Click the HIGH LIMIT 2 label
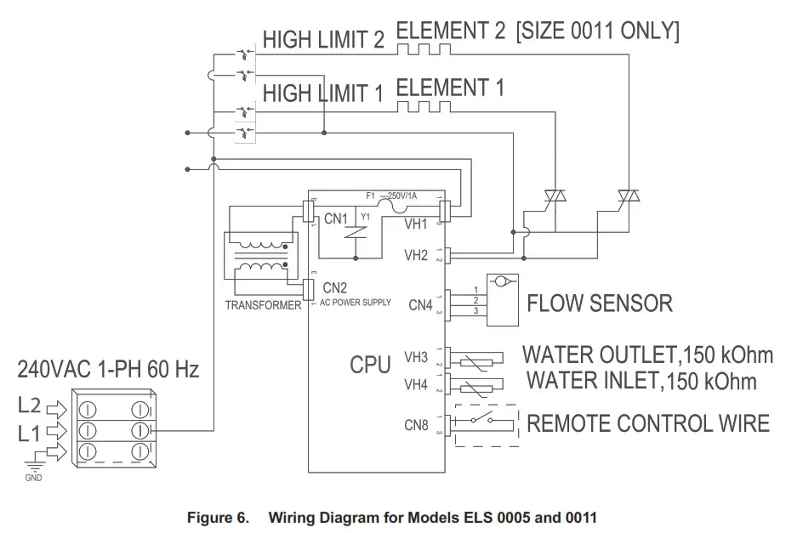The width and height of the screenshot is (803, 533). (x=323, y=40)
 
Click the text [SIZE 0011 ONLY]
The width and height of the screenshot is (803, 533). (x=597, y=32)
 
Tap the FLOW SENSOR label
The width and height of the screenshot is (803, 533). (x=600, y=303)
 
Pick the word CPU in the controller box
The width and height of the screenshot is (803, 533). (x=371, y=365)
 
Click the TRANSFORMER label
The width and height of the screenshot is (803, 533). (x=263, y=304)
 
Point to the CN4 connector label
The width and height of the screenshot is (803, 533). (x=421, y=303)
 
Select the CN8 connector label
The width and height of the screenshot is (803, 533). (x=417, y=425)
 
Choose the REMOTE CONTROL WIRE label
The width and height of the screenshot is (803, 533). (x=648, y=423)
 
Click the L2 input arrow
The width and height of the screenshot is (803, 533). (x=55, y=405)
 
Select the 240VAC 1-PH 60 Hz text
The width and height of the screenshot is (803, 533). (x=108, y=371)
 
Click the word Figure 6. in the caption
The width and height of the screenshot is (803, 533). (x=219, y=517)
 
